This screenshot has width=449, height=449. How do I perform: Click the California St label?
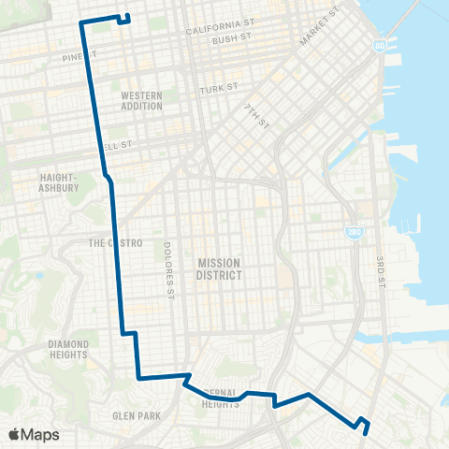coord(220,31)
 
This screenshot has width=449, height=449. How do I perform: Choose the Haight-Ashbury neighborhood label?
coord(59,181)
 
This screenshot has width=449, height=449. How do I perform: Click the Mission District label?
coord(220,269)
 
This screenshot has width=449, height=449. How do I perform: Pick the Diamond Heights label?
coord(68,349)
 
